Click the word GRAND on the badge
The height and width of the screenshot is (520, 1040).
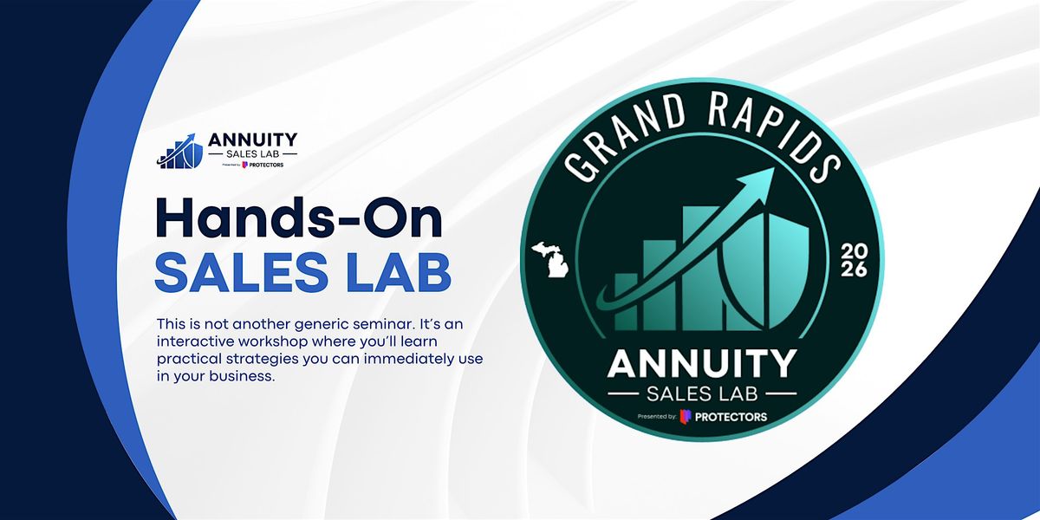coord(626,134)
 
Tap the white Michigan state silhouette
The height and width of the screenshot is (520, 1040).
coord(551,259)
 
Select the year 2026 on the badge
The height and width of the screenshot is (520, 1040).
coord(854,261)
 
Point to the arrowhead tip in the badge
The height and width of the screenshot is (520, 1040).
coord(774,168)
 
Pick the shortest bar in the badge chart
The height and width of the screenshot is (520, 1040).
coord(626,302)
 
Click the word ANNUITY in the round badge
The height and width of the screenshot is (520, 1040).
coord(702,364)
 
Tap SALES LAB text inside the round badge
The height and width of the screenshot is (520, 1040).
coord(702,394)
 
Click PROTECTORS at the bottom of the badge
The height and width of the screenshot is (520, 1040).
coord(731,417)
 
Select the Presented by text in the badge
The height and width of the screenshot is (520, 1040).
coord(657,417)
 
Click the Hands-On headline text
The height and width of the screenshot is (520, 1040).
coord(299,218)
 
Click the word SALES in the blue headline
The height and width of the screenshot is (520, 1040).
coord(242,272)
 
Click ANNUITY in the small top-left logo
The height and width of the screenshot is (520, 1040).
coord(252,140)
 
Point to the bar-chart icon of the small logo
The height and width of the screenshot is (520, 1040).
coord(180,152)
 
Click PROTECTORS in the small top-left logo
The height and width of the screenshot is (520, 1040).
coord(266,165)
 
